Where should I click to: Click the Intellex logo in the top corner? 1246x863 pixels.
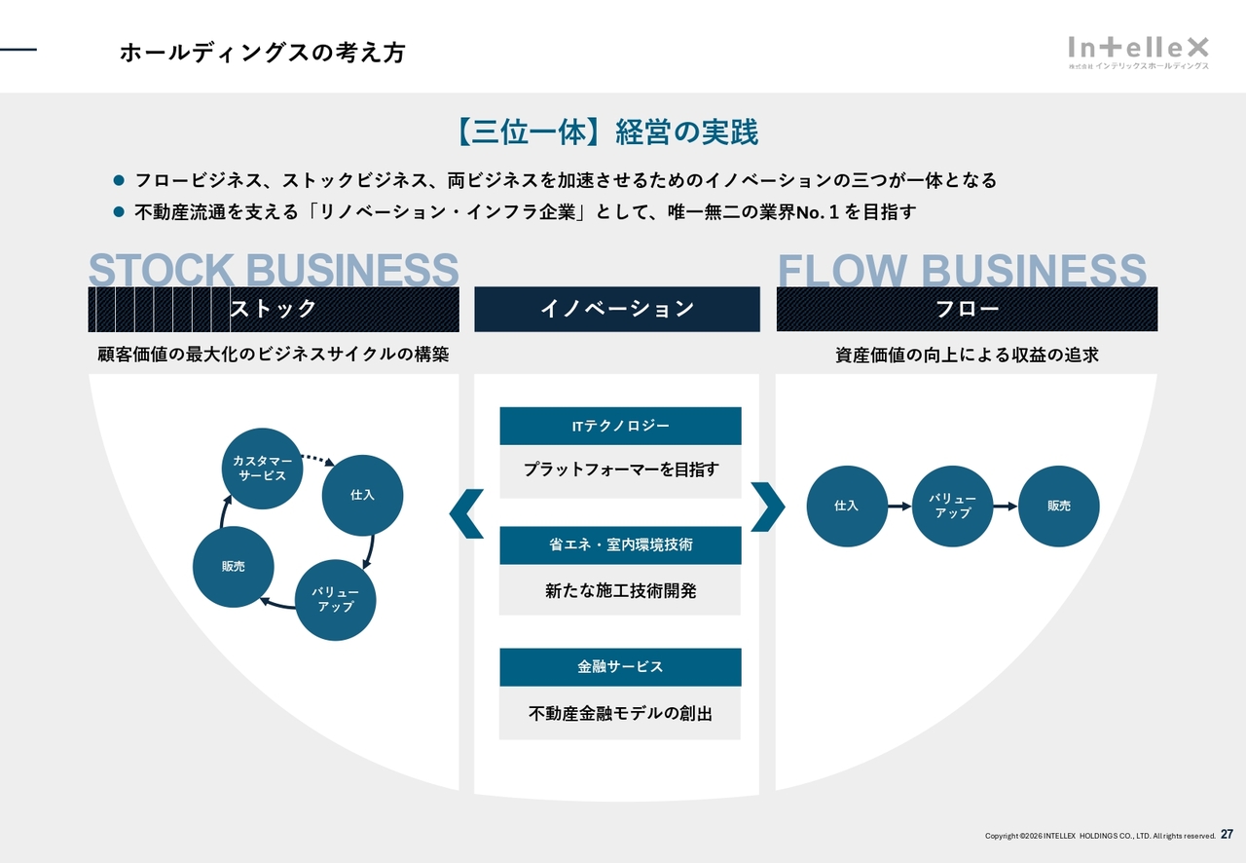pyautogui.click(x=1138, y=51)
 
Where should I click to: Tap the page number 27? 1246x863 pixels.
pyautogui.click(x=1227, y=835)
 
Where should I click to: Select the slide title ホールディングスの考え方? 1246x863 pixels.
pyautogui.click(x=262, y=53)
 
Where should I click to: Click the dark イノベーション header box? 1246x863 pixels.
pyautogui.click(x=617, y=309)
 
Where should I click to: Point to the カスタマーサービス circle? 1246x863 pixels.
pyautogui.click(x=262, y=469)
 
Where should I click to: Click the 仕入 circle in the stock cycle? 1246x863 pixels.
pyautogui.click(x=362, y=495)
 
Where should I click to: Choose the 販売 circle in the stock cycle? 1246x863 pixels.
pyautogui.click(x=234, y=566)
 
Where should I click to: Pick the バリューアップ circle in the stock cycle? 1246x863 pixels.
pyautogui.click(x=336, y=599)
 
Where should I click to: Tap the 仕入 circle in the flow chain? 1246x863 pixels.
pyautogui.click(x=847, y=507)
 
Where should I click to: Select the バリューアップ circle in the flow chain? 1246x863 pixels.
pyautogui.click(x=953, y=507)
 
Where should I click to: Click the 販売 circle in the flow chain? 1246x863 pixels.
pyautogui.click(x=1059, y=507)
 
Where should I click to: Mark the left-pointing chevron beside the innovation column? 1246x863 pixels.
pyautogui.click(x=467, y=513)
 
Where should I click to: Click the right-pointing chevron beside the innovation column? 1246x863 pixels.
pyautogui.click(x=768, y=507)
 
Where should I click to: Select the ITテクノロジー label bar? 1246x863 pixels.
pyautogui.click(x=620, y=427)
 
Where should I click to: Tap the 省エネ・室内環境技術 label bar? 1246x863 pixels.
pyautogui.click(x=620, y=545)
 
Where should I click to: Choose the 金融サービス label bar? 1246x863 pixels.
pyautogui.click(x=620, y=667)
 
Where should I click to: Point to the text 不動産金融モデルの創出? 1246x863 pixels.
pyautogui.click(x=620, y=714)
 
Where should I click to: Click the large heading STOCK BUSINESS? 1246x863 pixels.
pyautogui.click(x=274, y=270)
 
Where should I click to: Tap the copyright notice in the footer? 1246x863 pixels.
pyautogui.click(x=1100, y=836)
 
